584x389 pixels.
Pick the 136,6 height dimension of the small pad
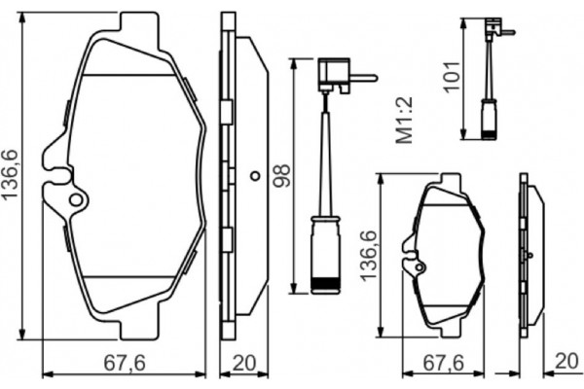(369, 256)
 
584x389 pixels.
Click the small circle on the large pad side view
(255, 178)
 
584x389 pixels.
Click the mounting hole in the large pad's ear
(74, 200)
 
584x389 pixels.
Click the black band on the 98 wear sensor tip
(323, 283)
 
